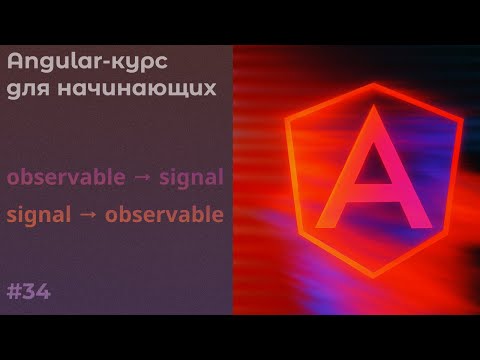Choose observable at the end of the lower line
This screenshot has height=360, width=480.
164,214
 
